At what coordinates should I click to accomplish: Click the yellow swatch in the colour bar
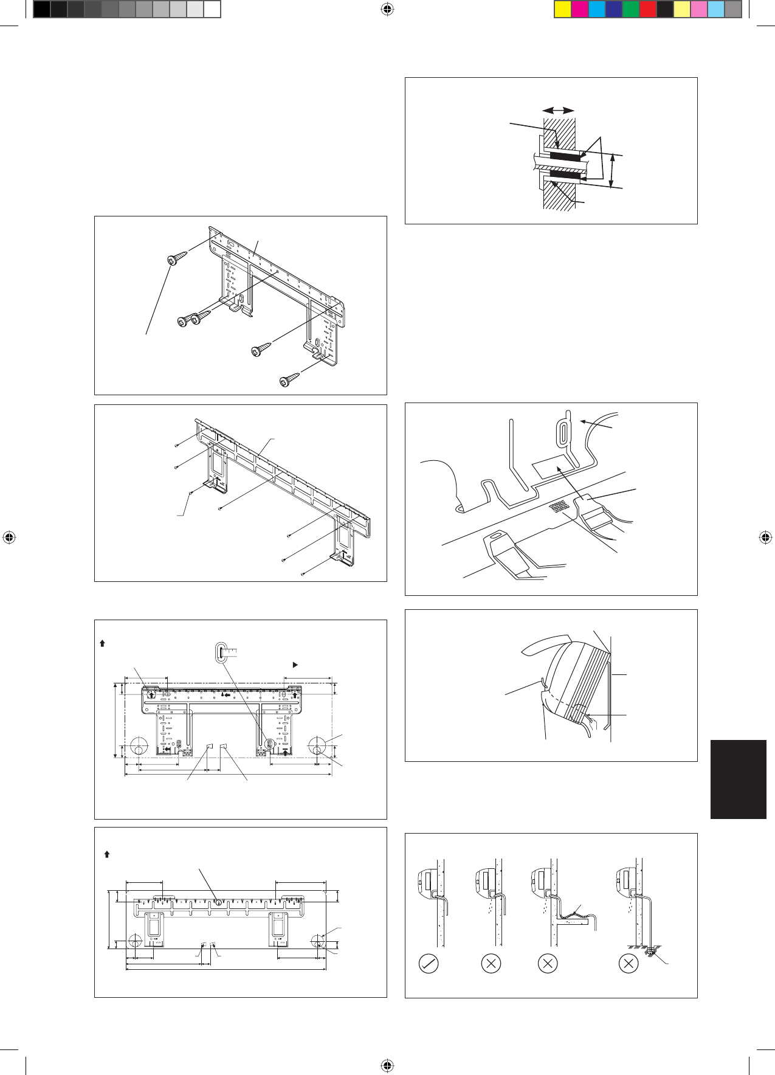(x=563, y=9)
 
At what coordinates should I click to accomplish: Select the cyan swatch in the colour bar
(x=597, y=9)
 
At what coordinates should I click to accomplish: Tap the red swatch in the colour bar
(x=648, y=9)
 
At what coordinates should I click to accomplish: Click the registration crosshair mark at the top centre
(x=387, y=9)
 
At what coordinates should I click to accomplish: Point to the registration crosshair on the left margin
(x=9, y=537)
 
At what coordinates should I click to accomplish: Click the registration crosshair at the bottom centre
(x=387, y=1065)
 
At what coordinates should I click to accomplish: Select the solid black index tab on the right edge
(x=738, y=779)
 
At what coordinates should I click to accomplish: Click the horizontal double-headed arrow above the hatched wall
(x=559, y=110)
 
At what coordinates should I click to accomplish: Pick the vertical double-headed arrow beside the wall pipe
(x=613, y=171)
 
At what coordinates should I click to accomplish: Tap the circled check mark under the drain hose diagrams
(x=429, y=964)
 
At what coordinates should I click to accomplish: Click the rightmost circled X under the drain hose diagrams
(x=628, y=964)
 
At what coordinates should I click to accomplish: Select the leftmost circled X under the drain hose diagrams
(x=491, y=964)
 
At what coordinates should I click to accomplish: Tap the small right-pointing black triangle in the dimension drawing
(x=295, y=665)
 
